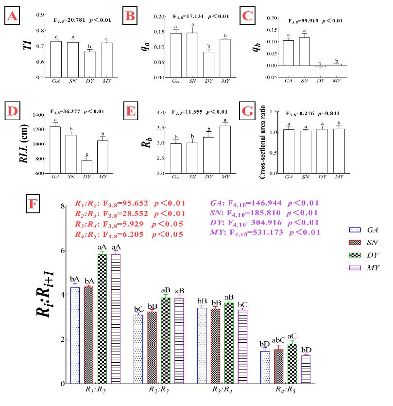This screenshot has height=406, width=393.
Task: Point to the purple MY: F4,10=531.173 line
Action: pyautogui.click(x=264, y=232)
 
